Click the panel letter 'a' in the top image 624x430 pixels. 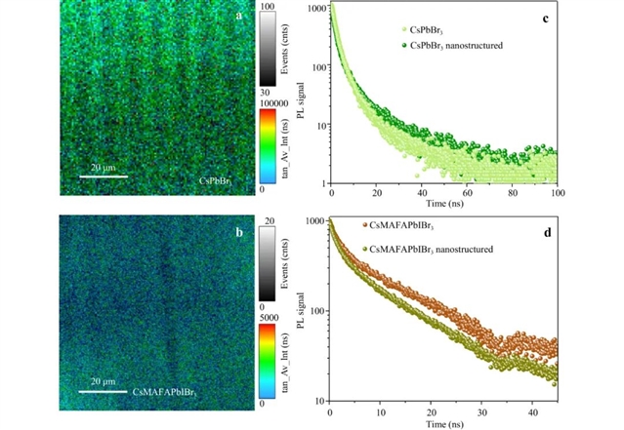[226, 18]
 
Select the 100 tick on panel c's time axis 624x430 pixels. [557, 195]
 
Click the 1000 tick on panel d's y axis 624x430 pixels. [315, 222]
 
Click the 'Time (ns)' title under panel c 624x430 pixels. [446, 209]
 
